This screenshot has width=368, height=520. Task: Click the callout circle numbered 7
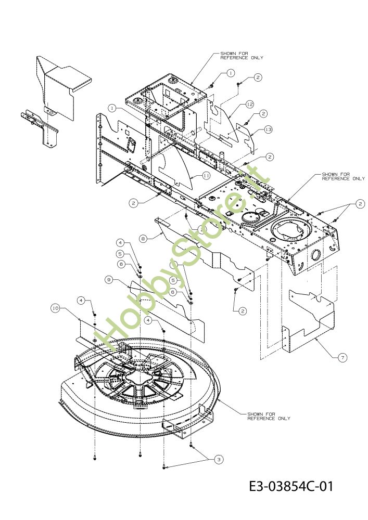click(x=342, y=358)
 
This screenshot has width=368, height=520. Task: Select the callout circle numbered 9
click(x=108, y=280)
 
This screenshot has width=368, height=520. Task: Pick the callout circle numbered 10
click(x=55, y=308)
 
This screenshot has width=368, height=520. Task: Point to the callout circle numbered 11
click(x=206, y=176)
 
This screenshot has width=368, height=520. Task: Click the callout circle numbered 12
click(x=249, y=104)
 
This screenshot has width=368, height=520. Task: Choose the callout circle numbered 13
click(x=268, y=129)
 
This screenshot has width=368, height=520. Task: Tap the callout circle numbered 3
click(x=219, y=459)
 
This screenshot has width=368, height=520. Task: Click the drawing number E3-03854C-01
click(x=290, y=487)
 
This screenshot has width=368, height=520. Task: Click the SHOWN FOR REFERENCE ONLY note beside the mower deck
click(x=269, y=416)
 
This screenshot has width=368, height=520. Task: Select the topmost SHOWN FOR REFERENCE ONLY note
click(x=241, y=56)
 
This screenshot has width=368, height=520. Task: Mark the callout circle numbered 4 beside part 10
click(x=81, y=301)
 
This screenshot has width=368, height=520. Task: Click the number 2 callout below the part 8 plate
click(x=243, y=311)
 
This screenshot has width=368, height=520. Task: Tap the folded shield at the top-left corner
click(x=60, y=86)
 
